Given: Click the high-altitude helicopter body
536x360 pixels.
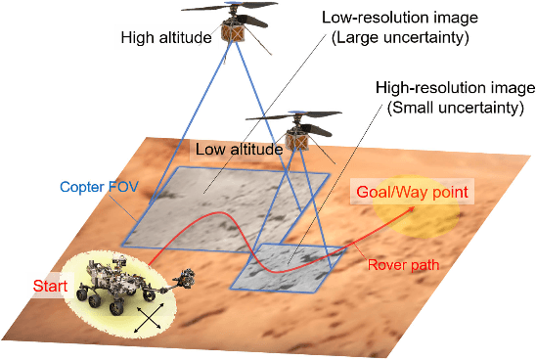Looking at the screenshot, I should [x=234, y=31].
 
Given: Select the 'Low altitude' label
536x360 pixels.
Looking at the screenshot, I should [x=239, y=150].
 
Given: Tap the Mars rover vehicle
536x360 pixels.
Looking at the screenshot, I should [x=115, y=286].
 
